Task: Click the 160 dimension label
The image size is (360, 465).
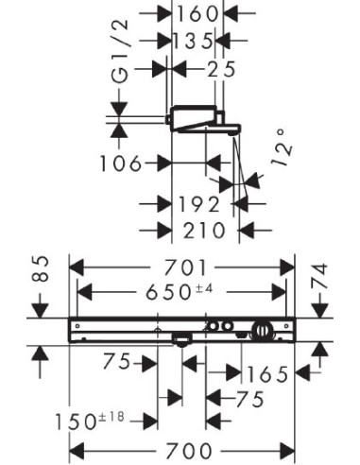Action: pos(197,14)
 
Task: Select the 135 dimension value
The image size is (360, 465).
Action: pos(194,42)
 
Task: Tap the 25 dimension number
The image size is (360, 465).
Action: pos(221,69)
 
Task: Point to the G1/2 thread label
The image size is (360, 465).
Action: pos(120,51)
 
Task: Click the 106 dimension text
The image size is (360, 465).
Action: pos(121,164)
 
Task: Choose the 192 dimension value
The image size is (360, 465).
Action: pos(199,204)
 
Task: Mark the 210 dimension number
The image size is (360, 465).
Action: pos(204,231)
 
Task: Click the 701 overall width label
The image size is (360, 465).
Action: pos(186,267)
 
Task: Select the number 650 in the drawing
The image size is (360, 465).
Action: pos(168,292)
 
